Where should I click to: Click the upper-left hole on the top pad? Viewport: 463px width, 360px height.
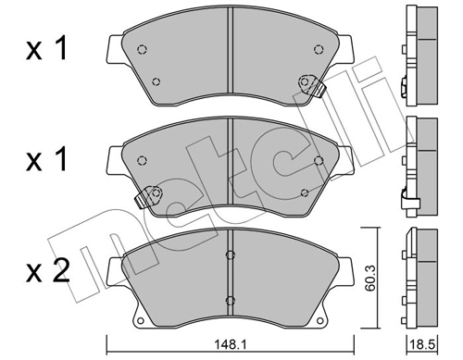click(140, 50)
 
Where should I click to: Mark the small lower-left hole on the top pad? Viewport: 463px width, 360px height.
click(155, 81)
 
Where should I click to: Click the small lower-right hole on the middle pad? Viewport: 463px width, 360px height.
click(306, 192)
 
